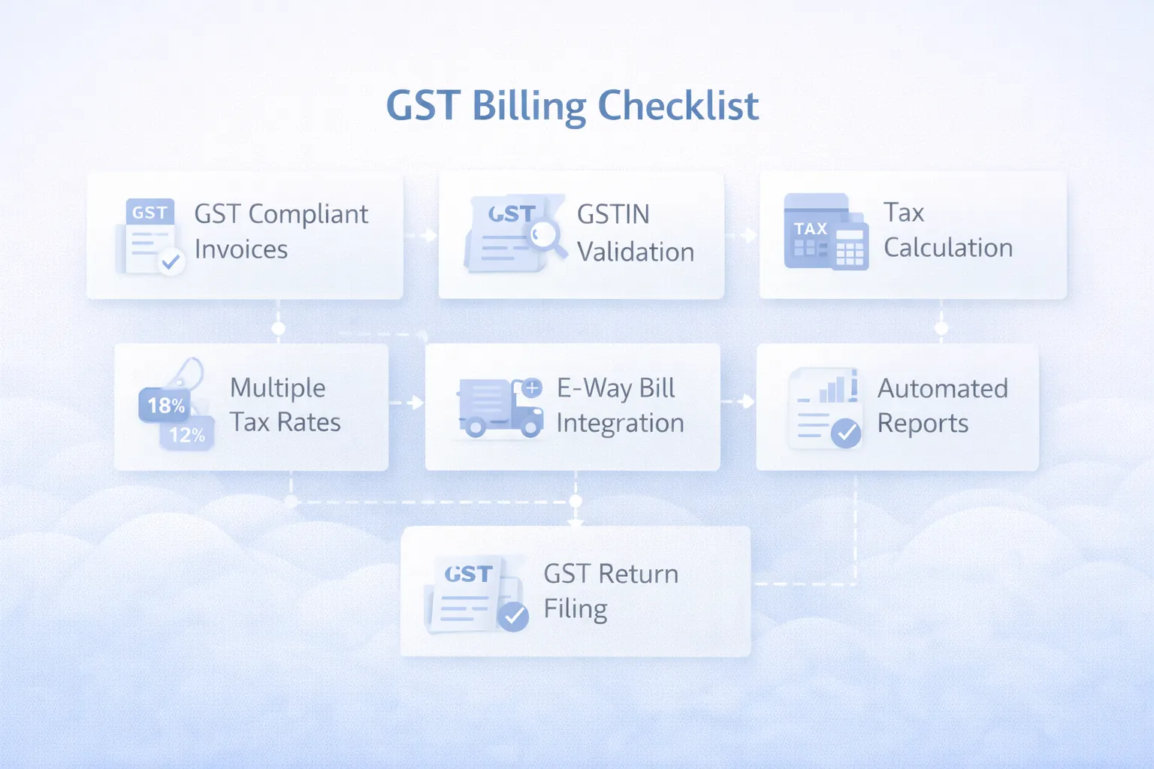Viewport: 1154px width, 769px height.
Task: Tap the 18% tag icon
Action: [x=165, y=406]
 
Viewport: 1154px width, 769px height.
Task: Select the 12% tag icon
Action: [x=187, y=435]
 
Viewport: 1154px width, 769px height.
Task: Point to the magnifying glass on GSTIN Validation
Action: [x=546, y=236]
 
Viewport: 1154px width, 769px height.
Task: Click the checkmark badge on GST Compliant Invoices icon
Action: [x=171, y=261]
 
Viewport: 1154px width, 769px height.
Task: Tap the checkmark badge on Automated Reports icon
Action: [x=846, y=433]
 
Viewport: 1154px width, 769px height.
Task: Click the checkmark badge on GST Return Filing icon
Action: [x=514, y=616]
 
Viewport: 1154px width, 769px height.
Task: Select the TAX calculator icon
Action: [x=826, y=232]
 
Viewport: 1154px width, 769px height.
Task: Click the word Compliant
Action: [x=308, y=214]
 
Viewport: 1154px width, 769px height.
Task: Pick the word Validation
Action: [x=636, y=252]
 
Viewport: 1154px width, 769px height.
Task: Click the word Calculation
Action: [x=948, y=248]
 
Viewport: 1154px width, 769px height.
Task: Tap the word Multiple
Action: [x=277, y=388]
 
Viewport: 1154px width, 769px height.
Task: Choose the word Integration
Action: [x=620, y=424]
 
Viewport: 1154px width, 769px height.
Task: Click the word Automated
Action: [x=943, y=388]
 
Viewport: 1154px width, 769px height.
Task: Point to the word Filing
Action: [x=575, y=608]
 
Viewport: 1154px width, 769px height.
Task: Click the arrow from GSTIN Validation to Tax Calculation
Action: [x=745, y=235]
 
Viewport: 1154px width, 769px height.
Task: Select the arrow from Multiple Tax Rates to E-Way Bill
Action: [x=409, y=403]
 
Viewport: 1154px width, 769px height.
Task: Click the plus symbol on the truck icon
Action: [x=532, y=388]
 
